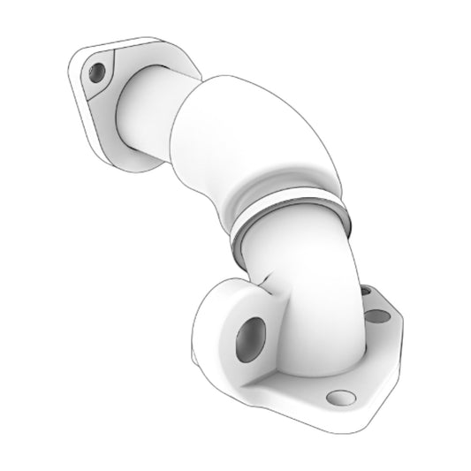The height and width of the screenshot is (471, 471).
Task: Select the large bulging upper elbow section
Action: [x=256, y=133]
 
